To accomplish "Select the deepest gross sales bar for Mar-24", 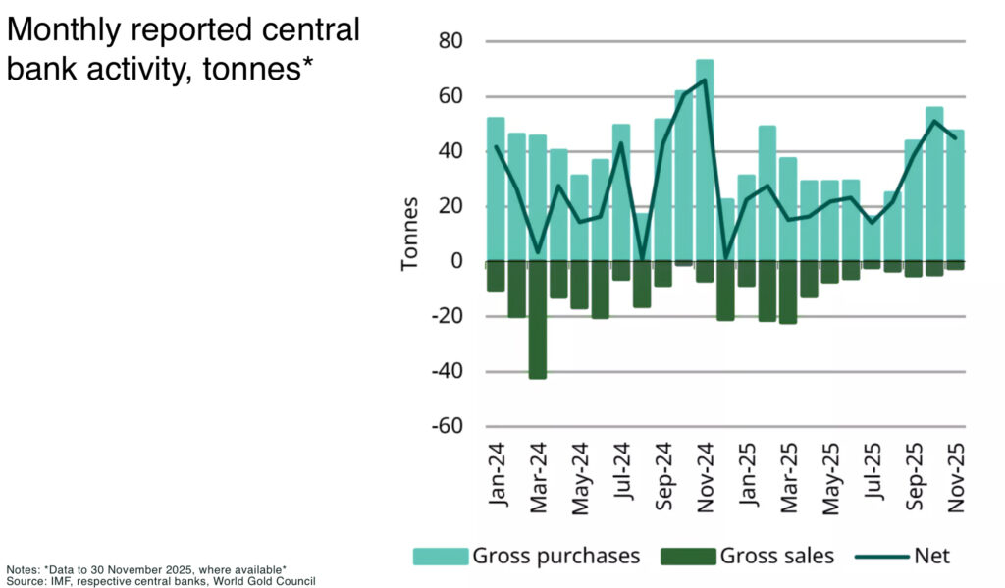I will [537, 320].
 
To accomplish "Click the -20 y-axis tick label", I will [448, 317].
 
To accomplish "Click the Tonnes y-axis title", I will [410, 234].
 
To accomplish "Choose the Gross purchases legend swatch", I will [440, 557].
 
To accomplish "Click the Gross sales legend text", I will [776, 557].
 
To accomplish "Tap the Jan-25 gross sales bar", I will [746, 275].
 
